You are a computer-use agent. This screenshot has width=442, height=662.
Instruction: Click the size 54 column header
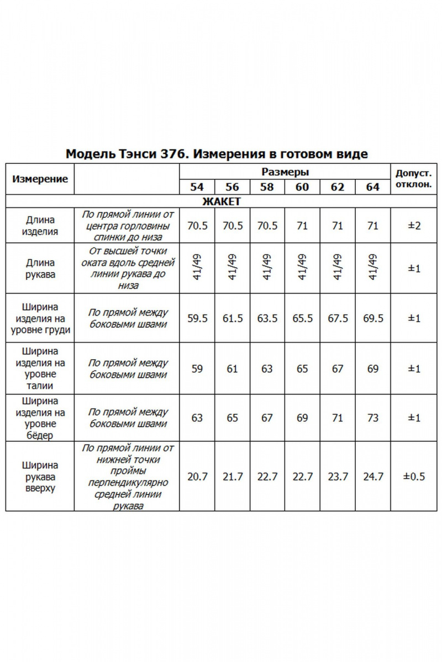(x=197, y=186)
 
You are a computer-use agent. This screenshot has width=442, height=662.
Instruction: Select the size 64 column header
(x=373, y=186)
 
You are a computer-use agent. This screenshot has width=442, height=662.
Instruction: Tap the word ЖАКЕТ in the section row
(x=221, y=201)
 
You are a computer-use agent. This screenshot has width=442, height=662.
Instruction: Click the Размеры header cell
(x=285, y=172)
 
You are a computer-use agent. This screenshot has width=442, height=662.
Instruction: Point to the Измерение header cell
(x=40, y=179)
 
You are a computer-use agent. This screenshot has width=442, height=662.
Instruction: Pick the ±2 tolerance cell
(x=414, y=226)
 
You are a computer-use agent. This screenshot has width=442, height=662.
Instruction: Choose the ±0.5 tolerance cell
(x=414, y=476)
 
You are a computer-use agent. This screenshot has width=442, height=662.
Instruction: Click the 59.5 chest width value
(x=197, y=319)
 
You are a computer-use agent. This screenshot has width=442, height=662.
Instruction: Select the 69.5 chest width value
(x=373, y=319)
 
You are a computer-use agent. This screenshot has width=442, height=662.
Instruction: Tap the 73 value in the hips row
(x=373, y=418)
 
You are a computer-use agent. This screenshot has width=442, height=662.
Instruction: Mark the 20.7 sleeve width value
(x=197, y=476)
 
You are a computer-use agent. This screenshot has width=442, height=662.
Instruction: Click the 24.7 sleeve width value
(x=373, y=476)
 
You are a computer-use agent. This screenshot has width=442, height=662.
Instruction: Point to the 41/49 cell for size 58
(x=267, y=268)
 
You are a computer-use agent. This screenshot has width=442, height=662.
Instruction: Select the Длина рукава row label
(x=40, y=268)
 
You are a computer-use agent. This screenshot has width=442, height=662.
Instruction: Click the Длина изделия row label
(x=40, y=226)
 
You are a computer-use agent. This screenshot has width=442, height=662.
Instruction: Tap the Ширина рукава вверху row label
(x=40, y=477)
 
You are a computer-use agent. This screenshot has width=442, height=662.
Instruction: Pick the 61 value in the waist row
(x=233, y=369)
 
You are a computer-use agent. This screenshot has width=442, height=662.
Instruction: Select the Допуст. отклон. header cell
(x=414, y=178)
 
